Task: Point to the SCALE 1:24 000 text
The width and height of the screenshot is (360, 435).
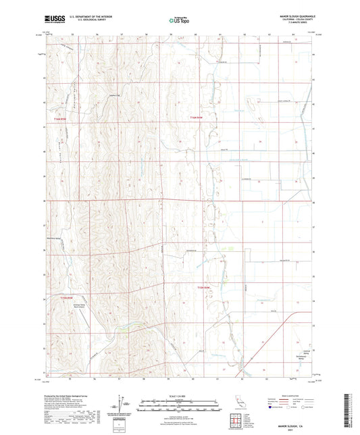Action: coord(179,395)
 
